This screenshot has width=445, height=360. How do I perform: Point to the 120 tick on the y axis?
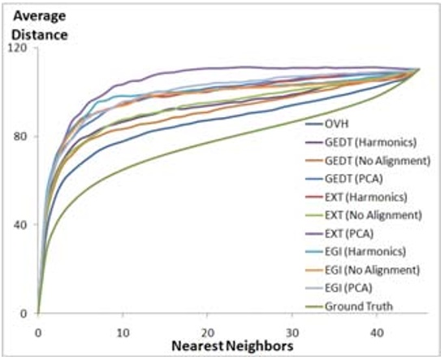(x=19, y=48)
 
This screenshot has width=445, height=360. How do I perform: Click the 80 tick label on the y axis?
(x=21, y=137)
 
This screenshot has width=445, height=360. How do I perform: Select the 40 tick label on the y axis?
(x=21, y=225)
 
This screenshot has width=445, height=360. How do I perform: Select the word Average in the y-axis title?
(x=37, y=15)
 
